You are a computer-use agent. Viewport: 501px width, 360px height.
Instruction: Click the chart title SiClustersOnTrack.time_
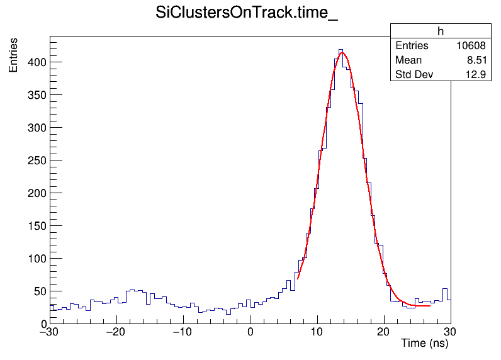point(247,14)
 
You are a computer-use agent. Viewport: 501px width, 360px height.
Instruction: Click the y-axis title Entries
point(13,55)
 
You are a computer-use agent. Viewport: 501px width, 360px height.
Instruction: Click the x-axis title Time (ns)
point(424,344)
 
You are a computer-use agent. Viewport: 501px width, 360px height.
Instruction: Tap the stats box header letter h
point(441,31)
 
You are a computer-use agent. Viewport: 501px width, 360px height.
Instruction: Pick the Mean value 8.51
point(476,60)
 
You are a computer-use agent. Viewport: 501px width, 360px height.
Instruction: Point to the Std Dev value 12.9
point(476,75)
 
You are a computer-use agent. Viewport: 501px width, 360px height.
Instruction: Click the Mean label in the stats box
point(408,60)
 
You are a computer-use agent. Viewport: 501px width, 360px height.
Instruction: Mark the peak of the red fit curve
point(342,53)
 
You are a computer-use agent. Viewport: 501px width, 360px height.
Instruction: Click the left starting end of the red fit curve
point(298,278)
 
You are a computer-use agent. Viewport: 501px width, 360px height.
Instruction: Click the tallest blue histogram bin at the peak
point(341,50)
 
